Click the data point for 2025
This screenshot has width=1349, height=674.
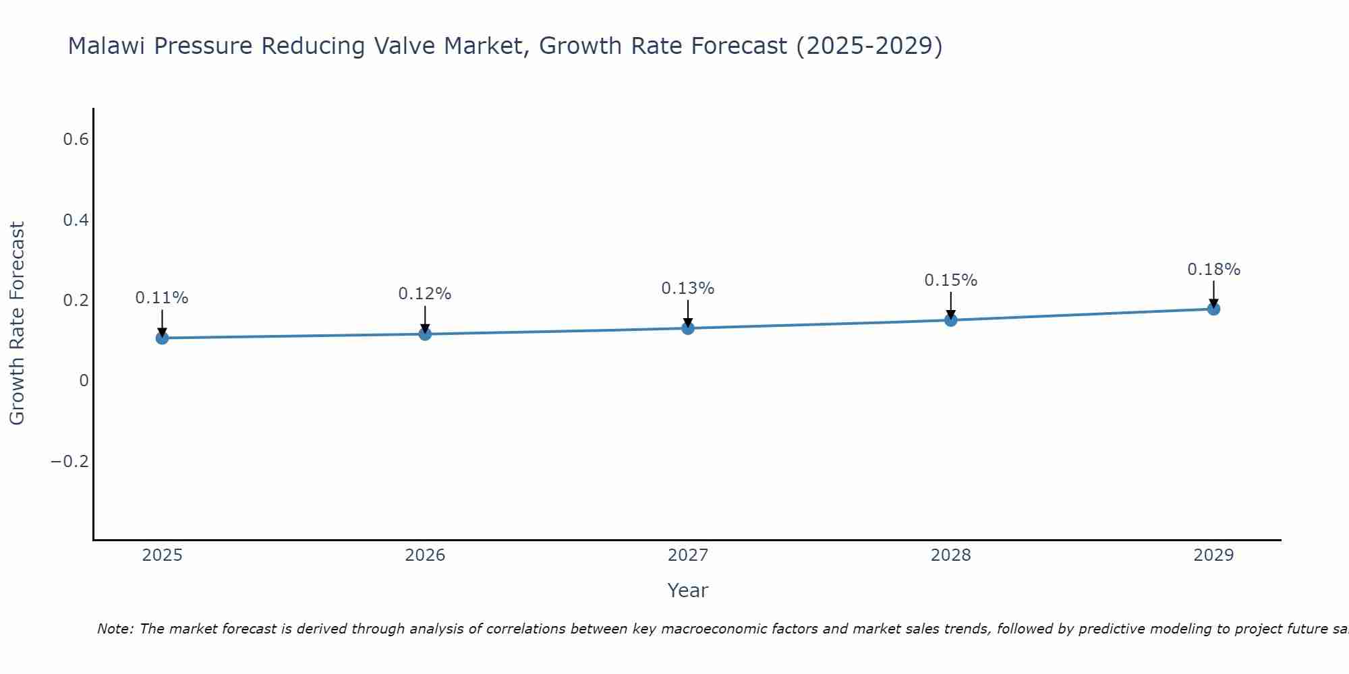click(x=162, y=338)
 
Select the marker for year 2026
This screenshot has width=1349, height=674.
click(x=425, y=334)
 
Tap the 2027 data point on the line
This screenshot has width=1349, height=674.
click(x=688, y=328)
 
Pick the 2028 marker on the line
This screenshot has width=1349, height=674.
click(x=950, y=319)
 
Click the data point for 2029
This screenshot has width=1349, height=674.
click(x=1213, y=309)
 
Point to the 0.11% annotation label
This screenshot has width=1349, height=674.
click(x=162, y=298)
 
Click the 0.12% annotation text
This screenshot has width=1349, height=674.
click(x=425, y=294)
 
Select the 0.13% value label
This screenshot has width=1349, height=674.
click(x=688, y=288)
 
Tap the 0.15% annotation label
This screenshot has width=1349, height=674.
click(x=950, y=280)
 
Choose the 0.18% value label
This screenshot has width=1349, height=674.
click(x=1213, y=270)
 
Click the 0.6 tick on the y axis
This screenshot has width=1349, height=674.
click(x=76, y=140)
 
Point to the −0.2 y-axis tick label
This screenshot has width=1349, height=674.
click(x=69, y=461)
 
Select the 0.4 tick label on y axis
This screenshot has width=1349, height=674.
click(x=76, y=220)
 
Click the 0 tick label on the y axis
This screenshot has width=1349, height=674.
click(x=84, y=381)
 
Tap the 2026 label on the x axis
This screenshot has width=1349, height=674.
click(x=425, y=555)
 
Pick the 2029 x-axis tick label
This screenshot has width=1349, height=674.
click(x=1213, y=555)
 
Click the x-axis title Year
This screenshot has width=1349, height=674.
click(x=687, y=590)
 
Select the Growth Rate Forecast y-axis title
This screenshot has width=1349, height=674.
click(x=17, y=324)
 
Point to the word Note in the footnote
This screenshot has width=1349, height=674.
click(x=115, y=629)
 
